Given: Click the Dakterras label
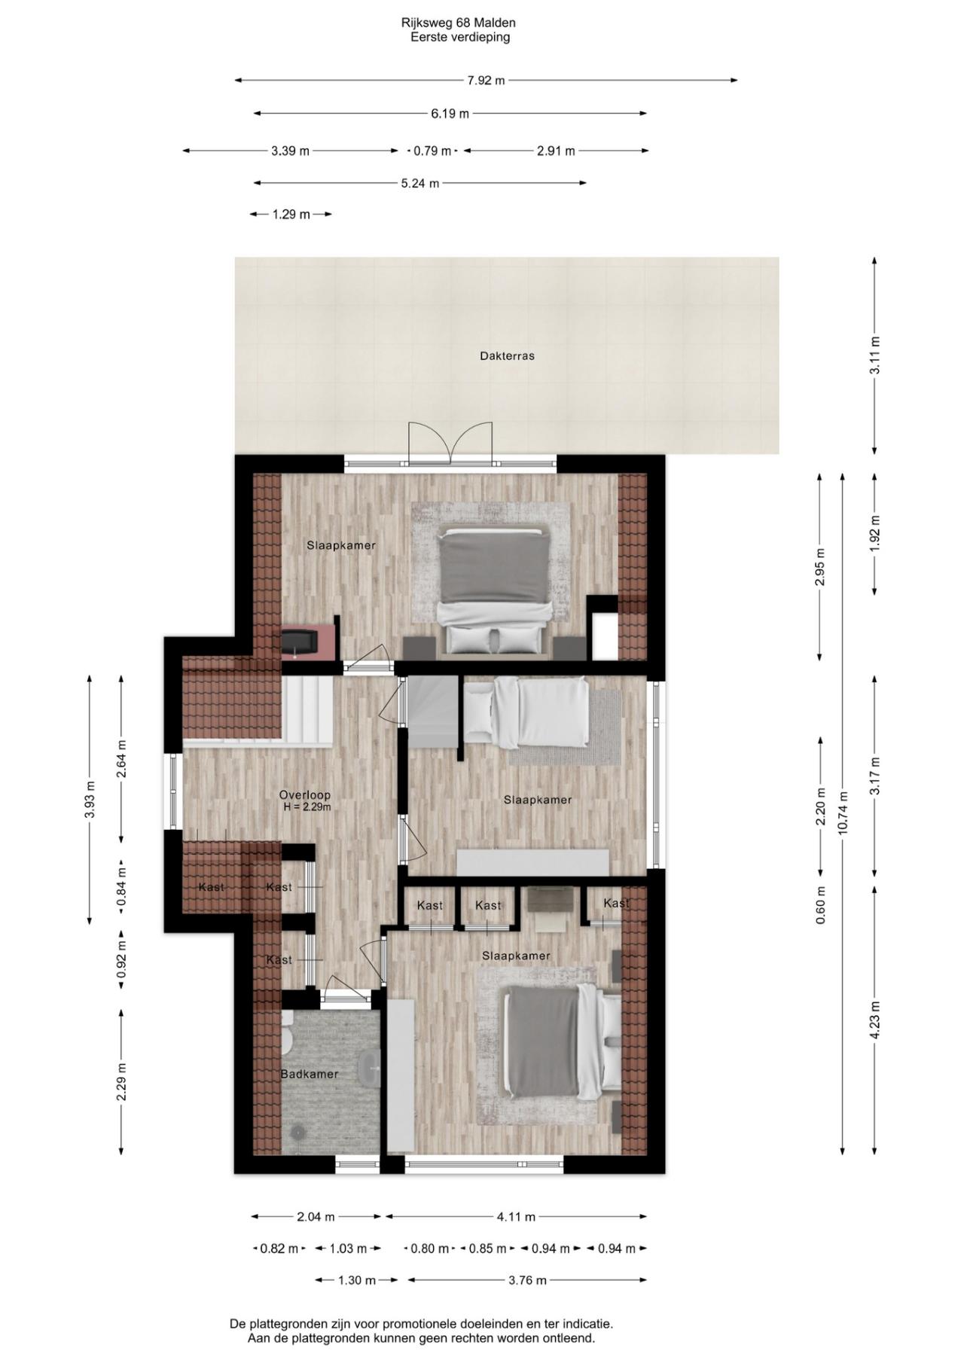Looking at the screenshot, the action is [x=507, y=356].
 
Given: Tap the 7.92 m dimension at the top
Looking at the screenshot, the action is [x=486, y=81].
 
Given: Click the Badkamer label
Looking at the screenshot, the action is [x=310, y=1075].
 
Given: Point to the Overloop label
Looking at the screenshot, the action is [x=304, y=794].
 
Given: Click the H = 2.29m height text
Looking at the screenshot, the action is [x=307, y=807].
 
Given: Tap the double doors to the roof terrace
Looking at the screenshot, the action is [x=450, y=444].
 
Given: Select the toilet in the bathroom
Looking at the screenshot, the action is [x=287, y=1034].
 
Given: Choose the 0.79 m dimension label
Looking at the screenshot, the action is [x=432, y=151].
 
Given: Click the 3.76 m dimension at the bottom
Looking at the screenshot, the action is [x=527, y=1280].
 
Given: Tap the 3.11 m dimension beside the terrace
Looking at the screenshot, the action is [x=874, y=355].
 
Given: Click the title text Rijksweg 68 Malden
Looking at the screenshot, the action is [x=458, y=23].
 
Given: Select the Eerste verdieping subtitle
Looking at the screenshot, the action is [x=460, y=37].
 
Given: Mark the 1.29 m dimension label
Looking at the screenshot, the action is [x=291, y=215].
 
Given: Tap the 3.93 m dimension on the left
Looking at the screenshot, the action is [x=90, y=798].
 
